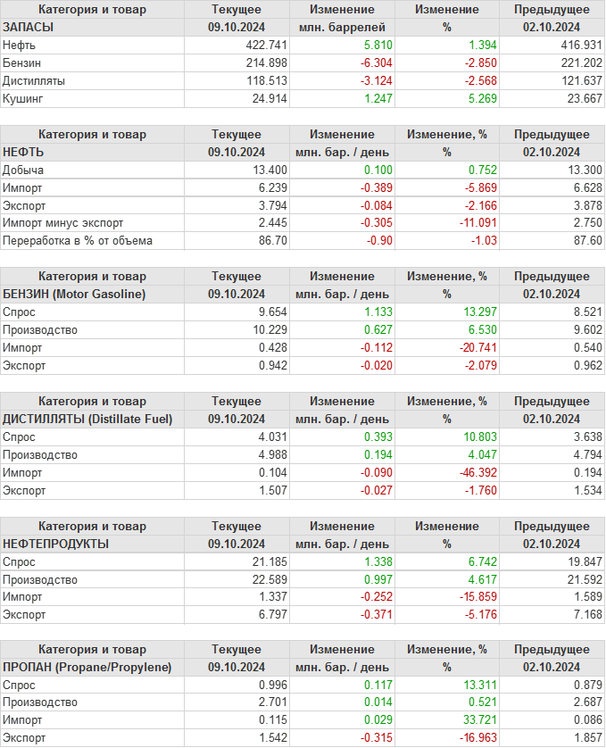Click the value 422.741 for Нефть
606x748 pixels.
point(267,45)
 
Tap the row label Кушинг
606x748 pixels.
point(23,98)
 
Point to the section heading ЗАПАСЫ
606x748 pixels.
point(29,27)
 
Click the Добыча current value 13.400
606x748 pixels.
point(270,170)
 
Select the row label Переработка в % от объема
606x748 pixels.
point(78,240)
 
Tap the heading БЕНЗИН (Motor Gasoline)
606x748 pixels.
point(75,294)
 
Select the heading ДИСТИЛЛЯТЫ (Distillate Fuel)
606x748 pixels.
point(87,419)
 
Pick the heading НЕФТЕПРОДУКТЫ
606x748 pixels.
point(56,544)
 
